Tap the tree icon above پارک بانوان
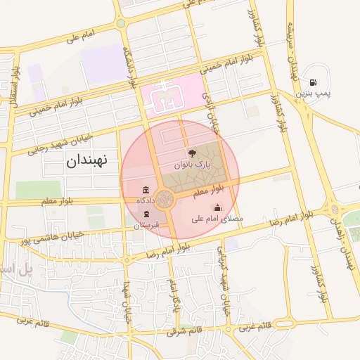click(x=192, y=153)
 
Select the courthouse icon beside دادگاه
click(x=146, y=191)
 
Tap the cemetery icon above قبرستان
click(x=146, y=214)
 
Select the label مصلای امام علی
click(x=217, y=219)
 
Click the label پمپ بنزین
click(x=312, y=93)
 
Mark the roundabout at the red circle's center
click(x=166, y=200)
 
